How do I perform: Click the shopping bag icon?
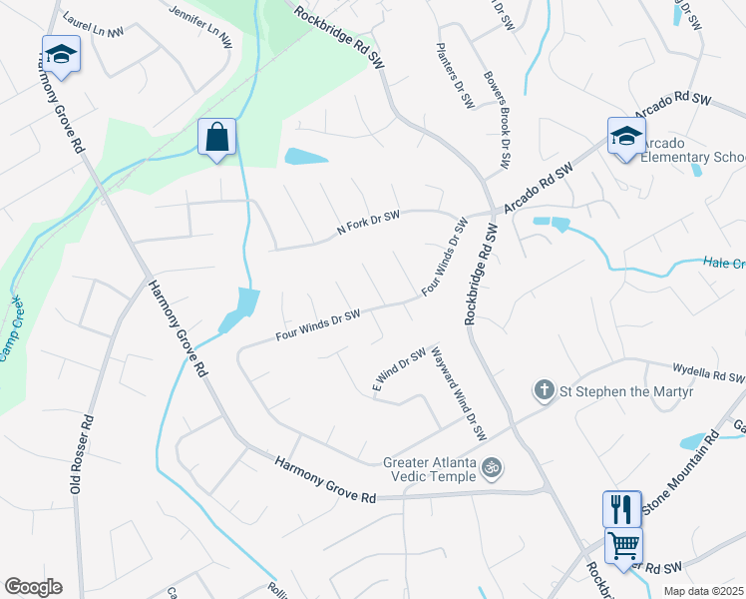(x=216, y=138)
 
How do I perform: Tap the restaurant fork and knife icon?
(x=621, y=508)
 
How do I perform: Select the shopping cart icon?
(x=623, y=546)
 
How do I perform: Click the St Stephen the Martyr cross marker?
(x=544, y=389)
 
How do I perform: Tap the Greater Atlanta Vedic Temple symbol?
(x=491, y=466)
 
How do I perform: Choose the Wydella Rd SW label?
(x=709, y=376)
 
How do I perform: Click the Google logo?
(x=33, y=587)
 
